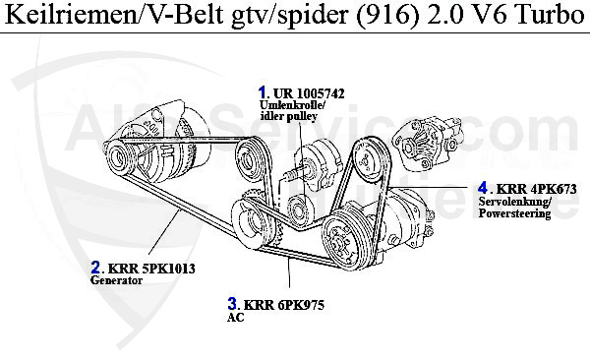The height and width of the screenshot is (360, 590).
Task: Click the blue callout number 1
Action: pyautogui.click(x=262, y=92)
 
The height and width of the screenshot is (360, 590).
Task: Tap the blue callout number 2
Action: pyautogui.click(x=95, y=268)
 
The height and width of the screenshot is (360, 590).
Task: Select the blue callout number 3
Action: pyautogui.click(x=232, y=304)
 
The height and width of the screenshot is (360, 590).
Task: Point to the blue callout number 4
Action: pyautogui.click(x=483, y=188)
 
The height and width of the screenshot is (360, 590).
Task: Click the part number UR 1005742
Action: pyautogui.click(x=309, y=93)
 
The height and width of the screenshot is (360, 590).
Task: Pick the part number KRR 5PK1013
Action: pyautogui.click(x=151, y=269)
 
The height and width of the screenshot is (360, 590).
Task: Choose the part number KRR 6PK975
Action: pyautogui.click(x=284, y=305)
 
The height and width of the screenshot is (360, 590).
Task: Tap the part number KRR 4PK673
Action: pyautogui.click(x=536, y=189)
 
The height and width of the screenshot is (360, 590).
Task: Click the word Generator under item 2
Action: pyautogui.click(x=117, y=280)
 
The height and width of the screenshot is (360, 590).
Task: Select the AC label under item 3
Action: pyautogui.click(x=236, y=318)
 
